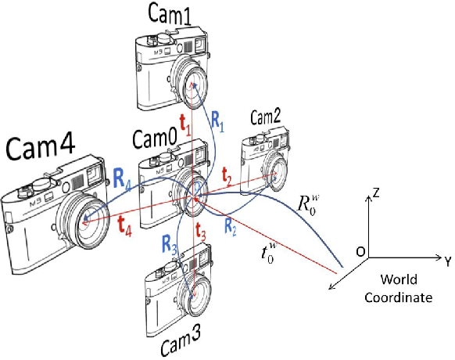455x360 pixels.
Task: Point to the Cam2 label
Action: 265,117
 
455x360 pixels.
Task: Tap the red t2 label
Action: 227,180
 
